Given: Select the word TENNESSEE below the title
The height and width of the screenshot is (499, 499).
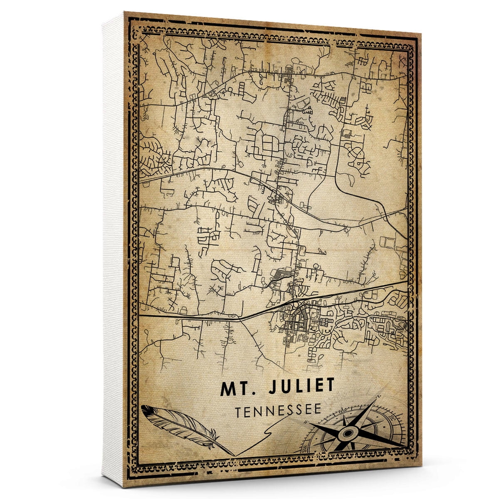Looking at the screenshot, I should coord(278,411).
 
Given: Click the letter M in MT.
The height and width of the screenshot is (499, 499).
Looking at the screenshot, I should coord(228,388).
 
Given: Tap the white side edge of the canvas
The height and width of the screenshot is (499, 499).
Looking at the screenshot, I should coord(113,249).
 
